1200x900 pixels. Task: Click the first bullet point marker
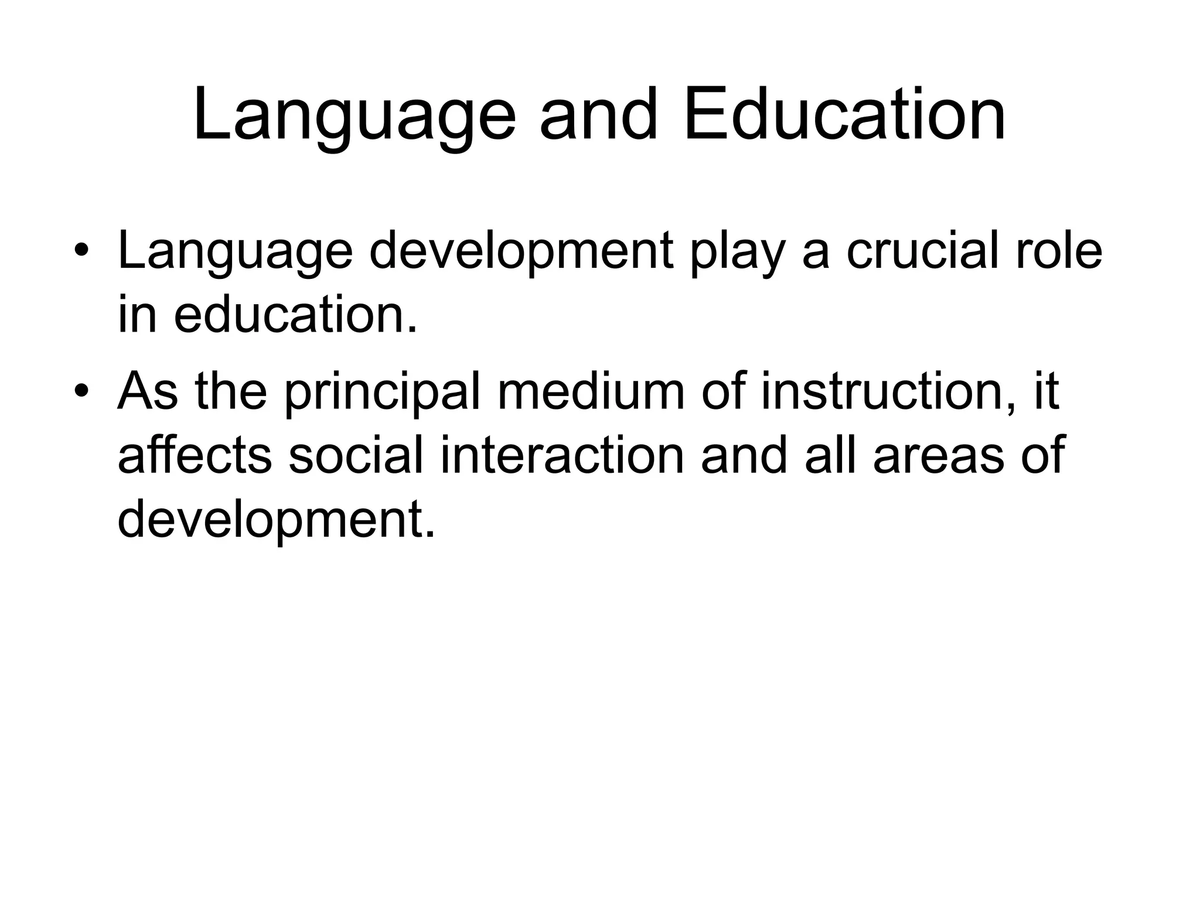coord(81,251)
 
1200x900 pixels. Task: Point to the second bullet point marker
coord(81,390)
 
